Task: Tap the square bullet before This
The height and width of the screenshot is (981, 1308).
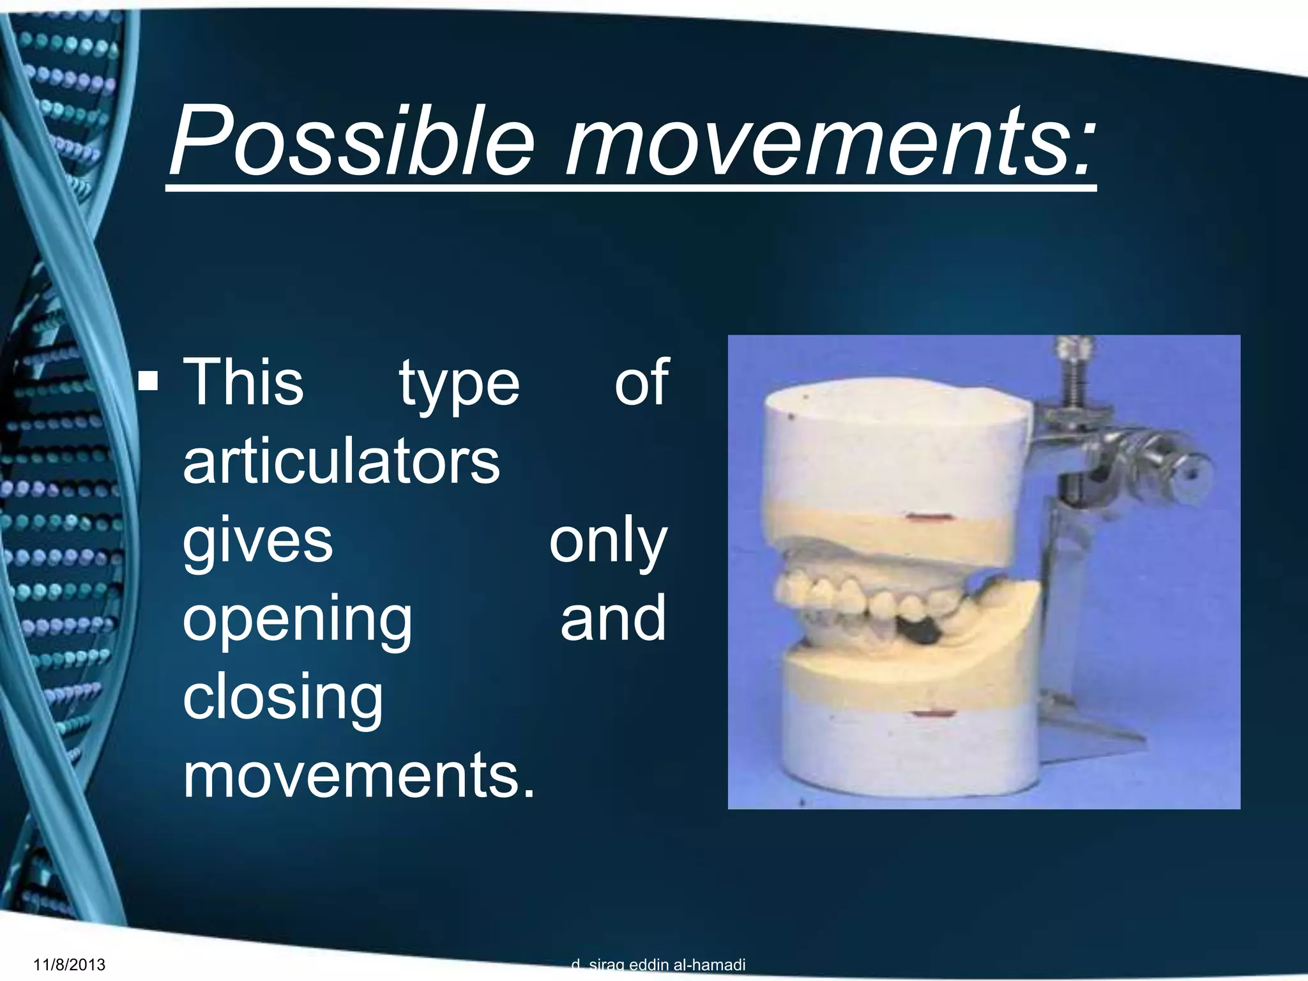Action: coord(149,381)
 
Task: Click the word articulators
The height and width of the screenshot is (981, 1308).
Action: coord(341,461)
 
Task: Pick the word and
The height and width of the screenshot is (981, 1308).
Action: coord(613,618)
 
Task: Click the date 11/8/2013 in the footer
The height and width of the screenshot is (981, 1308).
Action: coord(69,964)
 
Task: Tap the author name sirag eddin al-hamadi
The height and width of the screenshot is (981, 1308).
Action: coord(667,964)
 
